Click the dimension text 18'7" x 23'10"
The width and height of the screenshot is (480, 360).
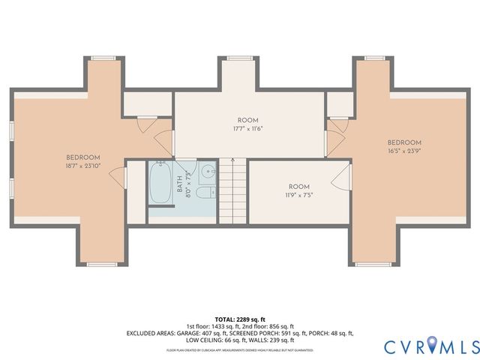82,166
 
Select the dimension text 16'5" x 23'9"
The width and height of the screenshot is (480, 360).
404,151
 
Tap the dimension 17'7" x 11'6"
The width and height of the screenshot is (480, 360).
247,129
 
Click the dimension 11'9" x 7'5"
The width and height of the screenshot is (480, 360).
298,196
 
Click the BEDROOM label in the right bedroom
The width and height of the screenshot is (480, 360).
404,142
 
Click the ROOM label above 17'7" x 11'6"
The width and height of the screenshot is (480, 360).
247,120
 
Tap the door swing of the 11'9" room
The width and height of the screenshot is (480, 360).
342,178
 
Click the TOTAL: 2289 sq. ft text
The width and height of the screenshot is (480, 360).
240,319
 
